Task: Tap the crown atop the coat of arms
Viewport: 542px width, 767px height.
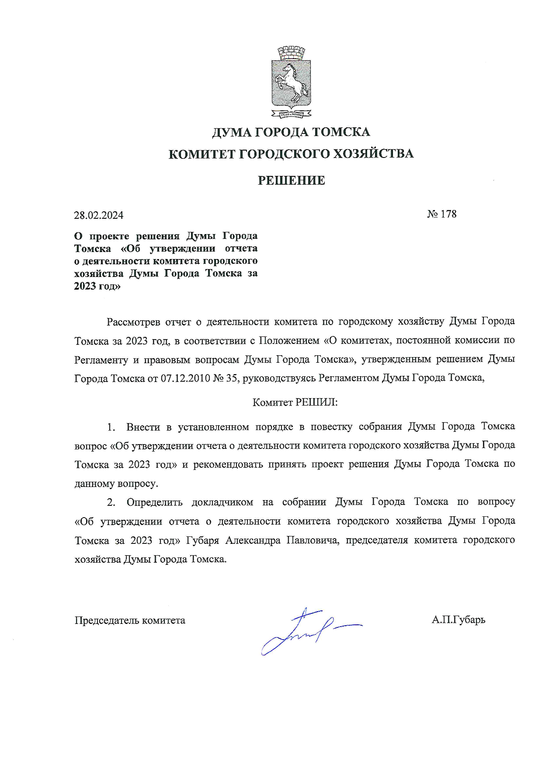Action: pos(291,53)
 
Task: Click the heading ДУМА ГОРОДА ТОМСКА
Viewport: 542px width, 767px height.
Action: pos(291,132)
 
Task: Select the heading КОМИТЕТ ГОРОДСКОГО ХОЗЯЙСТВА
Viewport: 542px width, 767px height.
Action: pos(291,154)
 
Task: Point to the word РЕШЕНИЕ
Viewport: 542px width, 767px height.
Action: pos(291,180)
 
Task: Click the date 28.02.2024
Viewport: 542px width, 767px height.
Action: pos(99,215)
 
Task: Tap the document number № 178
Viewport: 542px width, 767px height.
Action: pos(441,214)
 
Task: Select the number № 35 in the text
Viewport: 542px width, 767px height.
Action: pos(225,378)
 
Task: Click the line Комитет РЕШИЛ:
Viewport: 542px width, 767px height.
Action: pos(295,403)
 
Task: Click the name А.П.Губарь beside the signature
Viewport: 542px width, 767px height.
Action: pos(458,620)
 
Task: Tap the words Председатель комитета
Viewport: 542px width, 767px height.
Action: pos(130,620)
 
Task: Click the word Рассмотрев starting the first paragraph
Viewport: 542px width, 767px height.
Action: pos(133,322)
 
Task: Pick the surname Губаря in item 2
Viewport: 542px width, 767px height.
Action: pos(202,540)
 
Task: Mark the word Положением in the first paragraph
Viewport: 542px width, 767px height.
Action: pos(289,340)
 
